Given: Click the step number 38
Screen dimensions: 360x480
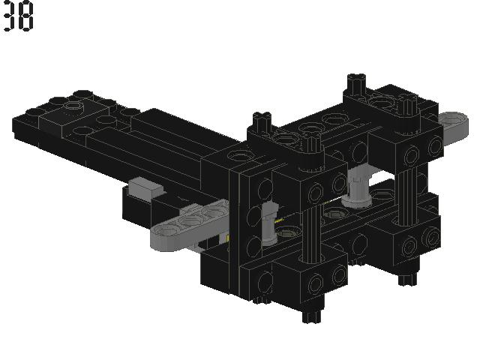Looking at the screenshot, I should pyautogui.click(x=18, y=16).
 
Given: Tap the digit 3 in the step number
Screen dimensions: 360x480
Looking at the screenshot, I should pyautogui.click(x=10, y=16).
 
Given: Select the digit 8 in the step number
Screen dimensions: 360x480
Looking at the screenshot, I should pyautogui.click(x=26, y=16).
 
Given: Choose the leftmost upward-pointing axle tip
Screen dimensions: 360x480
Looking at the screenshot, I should pyautogui.click(x=261, y=120).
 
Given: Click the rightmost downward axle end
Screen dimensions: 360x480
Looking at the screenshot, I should pyautogui.click(x=407, y=280).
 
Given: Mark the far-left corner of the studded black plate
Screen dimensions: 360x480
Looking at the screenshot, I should pyautogui.click(x=15, y=121).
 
